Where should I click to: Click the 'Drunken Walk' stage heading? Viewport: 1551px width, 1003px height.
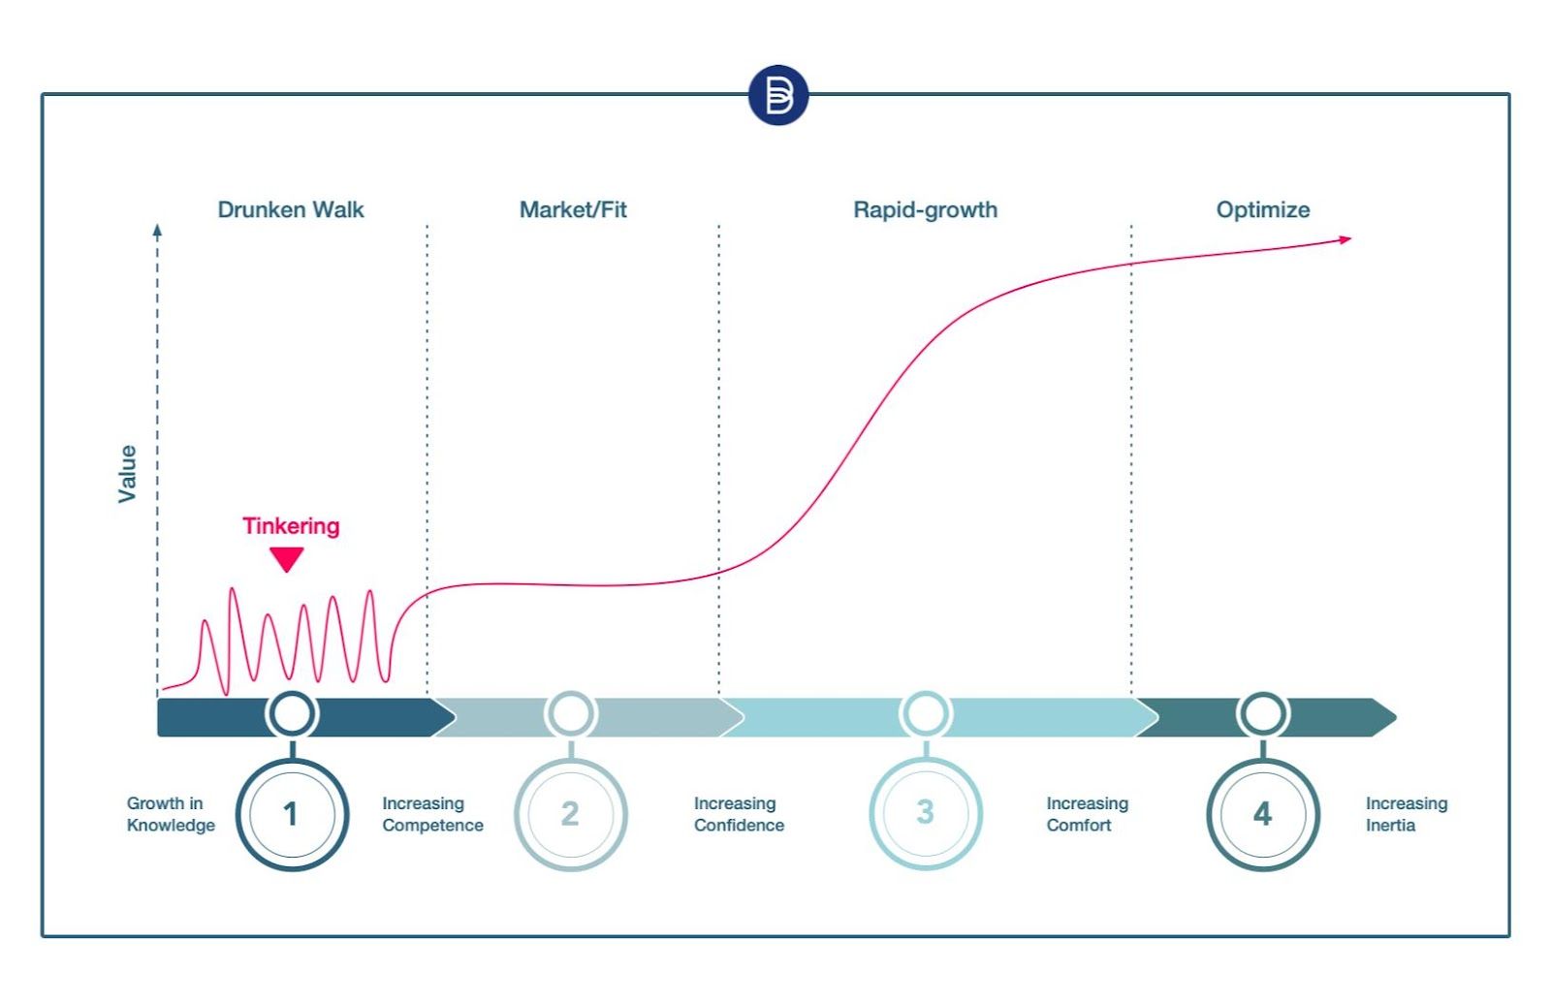coord(291,209)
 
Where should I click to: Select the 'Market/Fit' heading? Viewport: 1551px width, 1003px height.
coord(573,209)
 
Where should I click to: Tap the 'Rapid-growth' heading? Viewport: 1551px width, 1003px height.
coord(925,209)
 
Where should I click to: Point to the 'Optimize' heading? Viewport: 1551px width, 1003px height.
coord(1262,209)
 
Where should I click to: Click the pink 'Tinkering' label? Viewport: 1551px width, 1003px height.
coord(291,526)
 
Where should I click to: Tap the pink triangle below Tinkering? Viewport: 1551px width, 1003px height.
coord(287,558)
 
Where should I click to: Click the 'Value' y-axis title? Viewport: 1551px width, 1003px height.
coord(127,474)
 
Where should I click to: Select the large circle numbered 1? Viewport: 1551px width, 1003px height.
coord(292,814)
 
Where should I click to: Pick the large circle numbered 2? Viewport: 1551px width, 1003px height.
coord(570,814)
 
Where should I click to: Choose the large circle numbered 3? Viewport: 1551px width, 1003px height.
coord(925,812)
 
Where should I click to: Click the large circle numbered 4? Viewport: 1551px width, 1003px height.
coord(1262,814)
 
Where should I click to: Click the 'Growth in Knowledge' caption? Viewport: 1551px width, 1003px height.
coord(171,814)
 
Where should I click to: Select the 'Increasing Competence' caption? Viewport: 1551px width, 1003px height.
coord(432,814)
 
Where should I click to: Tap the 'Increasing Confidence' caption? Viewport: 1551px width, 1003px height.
coord(739,814)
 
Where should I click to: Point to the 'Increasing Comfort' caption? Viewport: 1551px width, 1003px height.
coord(1087,814)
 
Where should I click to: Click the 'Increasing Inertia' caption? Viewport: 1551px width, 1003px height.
coord(1406,814)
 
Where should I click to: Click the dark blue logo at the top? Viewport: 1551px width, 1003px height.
coord(777,95)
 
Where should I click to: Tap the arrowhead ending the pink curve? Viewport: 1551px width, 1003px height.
coord(1345,239)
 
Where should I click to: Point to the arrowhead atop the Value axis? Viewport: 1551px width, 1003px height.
coord(157,231)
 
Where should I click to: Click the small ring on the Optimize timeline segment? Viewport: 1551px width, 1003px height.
coord(1262,715)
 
